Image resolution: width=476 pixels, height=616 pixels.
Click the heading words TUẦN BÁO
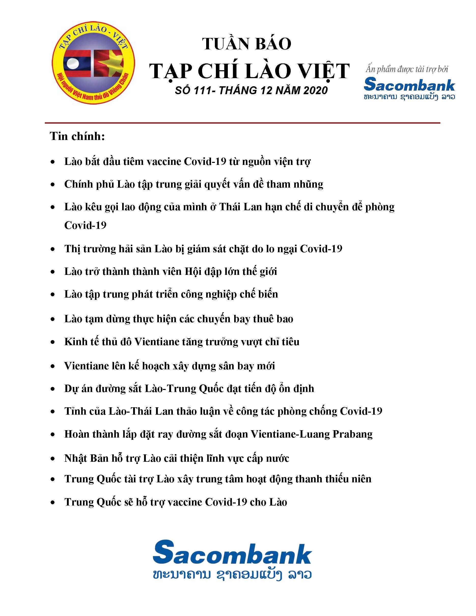coord(247,44)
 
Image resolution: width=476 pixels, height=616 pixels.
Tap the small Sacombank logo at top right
coord(409,85)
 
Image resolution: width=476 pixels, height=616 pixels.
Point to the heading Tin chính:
coord(78,136)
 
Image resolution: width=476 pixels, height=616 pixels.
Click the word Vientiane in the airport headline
coord(84,366)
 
